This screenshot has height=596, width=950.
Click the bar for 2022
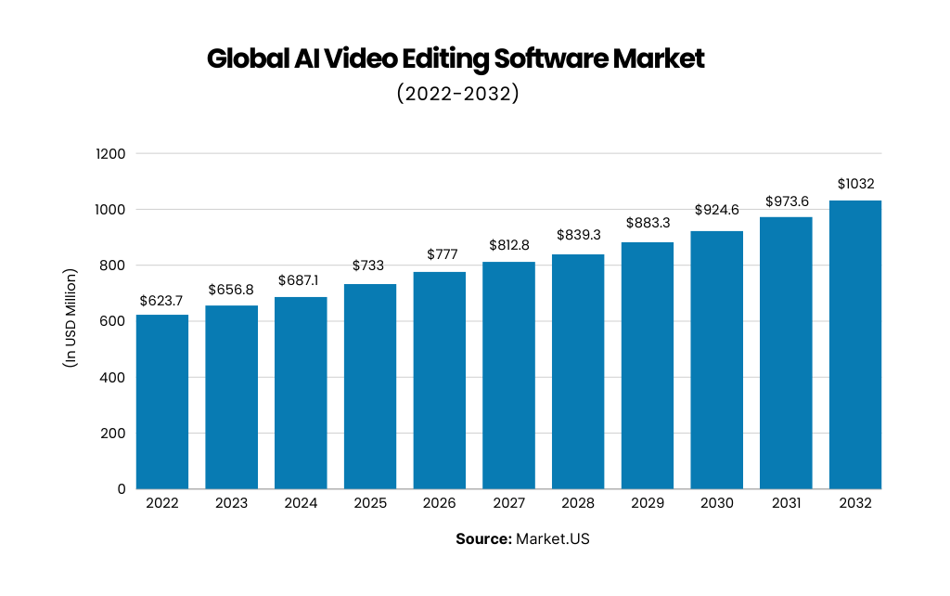point(162,402)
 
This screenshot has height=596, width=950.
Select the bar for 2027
point(508,375)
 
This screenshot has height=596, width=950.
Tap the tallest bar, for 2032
point(855,344)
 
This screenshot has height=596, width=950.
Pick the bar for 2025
point(370,386)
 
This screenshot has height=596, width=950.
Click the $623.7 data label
point(162,301)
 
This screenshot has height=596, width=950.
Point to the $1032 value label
point(855,184)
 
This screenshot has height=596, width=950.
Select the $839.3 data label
point(578,236)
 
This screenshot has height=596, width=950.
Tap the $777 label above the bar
point(440,253)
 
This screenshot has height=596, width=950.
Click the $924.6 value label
point(717,211)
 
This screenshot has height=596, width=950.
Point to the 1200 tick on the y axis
point(110,154)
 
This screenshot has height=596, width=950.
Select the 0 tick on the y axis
point(122,489)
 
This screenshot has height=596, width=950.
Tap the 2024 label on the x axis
point(301,503)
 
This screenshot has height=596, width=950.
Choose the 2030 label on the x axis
point(717,503)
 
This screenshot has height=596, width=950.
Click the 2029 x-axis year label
point(648,503)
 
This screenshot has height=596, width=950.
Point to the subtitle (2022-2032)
point(456,94)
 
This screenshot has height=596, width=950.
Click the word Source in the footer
point(482,539)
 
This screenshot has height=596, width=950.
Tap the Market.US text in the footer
point(553,539)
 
